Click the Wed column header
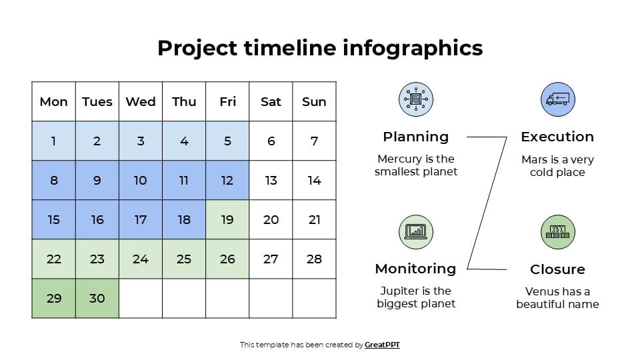pyautogui.click(x=141, y=101)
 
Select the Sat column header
pyautogui.click(x=271, y=101)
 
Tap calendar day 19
pyautogui.click(x=227, y=219)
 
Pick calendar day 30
pyautogui.click(x=97, y=298)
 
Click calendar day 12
pyautogui.click(x=227, y=180)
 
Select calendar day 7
pyautogui.click(x=314, y=141)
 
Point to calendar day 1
pyautogui.click(x=54, y=141)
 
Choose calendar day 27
pyautogui.click(x=271, y=259)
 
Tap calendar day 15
pyautogui.click(x=54, y=219)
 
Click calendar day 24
pyautogui.click(x=141, y=259)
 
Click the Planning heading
pyautogui.click(x=416, y=137)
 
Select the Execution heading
pyautogui.click(x=557, y=137)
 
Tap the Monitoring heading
pyautogui.click(x=416, y=269)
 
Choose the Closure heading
pyautogui.click(x=557, y=269)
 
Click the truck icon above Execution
pyautogui.click(x=557, y=99)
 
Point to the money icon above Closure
pyautogui.click(x=557, y=232)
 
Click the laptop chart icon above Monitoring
pyautogui.click(x=416, y=232)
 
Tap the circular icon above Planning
pyautogui.click(x=416, y=99)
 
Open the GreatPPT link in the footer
pyautogui.click(x=382, y=345)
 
